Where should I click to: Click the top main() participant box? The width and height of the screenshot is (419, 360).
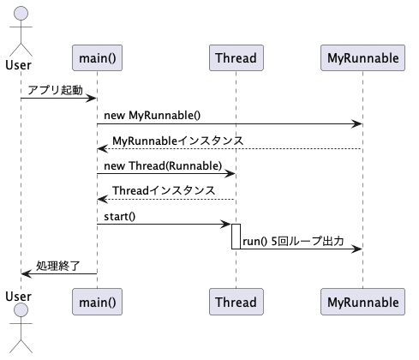(97, 57)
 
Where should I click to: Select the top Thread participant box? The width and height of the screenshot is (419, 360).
(236, 57)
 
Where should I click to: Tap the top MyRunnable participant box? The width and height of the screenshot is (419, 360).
(362, 57)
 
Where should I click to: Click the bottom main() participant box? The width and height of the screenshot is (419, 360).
(97, 302)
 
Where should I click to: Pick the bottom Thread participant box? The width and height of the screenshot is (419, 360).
(236, 302)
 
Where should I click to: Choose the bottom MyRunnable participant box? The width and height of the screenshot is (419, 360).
(362, 302)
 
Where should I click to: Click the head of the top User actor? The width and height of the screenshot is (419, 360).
(21, 13)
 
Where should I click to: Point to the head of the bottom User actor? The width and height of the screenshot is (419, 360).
(21, 310)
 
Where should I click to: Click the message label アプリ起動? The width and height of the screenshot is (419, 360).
(56, 90)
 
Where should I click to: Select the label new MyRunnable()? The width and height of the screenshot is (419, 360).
(153, 116)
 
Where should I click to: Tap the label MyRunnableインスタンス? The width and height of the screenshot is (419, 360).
(177, 141)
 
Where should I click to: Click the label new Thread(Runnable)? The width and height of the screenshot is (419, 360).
(163, 165)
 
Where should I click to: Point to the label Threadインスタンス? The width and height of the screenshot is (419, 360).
(164, 190)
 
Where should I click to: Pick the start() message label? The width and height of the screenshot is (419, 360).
(120, 217)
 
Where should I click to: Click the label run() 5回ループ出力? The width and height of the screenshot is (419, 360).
(293, 242)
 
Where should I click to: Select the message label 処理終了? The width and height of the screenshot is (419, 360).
(57, 266)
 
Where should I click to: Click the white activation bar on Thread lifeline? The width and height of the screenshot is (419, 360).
(236, 237)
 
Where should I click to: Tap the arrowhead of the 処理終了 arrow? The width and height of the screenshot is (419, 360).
(27, 274)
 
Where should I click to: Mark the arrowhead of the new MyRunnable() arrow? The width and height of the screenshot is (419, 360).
(356, 124)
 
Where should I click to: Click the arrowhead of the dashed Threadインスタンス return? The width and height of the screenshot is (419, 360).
(103, 199)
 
